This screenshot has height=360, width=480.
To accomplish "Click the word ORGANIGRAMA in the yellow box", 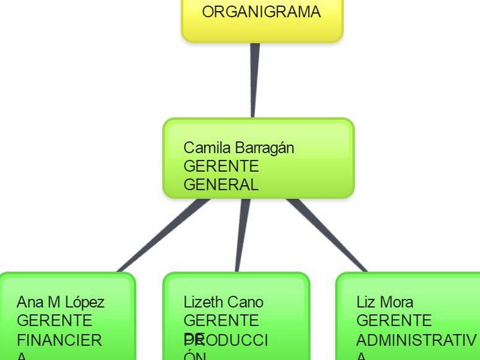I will [261, 12].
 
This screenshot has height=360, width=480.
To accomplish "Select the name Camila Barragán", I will [239, 148].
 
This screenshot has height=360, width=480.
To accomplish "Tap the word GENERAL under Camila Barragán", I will [221, 185].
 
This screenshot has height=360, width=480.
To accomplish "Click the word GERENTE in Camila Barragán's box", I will [221, 166].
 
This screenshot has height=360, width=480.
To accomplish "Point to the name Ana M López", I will [60, 302].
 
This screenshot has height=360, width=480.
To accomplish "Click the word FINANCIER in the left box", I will [59, 340].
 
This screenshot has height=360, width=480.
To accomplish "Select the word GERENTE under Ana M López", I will [54, 321].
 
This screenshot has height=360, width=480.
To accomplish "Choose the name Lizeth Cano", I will [223, 302].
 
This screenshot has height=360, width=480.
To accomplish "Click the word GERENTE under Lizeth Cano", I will [221, 321].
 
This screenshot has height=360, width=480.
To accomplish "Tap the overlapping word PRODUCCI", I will [226, 340].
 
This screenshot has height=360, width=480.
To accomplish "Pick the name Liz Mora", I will [384, 302].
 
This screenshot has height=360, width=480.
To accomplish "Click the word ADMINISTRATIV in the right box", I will [416, 340].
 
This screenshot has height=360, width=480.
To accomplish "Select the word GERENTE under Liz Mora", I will [394, 321].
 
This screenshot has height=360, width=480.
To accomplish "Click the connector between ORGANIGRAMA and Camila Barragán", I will [254, 80].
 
